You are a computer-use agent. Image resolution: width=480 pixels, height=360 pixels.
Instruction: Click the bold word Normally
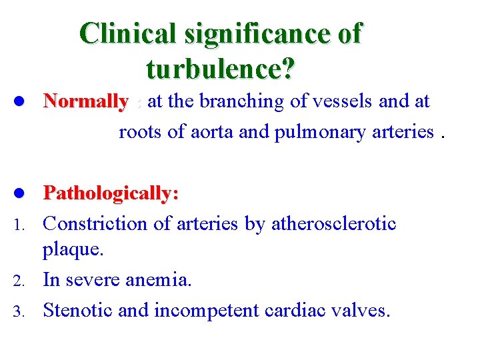[85, 102]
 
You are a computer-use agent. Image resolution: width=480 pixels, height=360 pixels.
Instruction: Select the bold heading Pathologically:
[111, 194]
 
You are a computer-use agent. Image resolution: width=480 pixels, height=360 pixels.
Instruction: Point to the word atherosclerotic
[334, 223]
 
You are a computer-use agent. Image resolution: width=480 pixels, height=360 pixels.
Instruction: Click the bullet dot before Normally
[20, 101]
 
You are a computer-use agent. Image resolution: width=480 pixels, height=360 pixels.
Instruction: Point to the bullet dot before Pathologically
[20, 193]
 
